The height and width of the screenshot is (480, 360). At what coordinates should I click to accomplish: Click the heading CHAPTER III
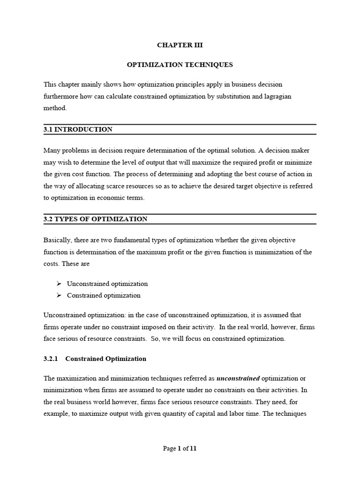[180, 45]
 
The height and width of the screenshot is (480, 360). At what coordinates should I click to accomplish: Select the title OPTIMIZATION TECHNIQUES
[180, 65]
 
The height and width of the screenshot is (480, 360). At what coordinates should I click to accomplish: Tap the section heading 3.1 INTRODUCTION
[78, 129]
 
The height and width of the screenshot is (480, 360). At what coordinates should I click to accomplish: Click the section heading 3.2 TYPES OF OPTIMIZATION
[96, 219]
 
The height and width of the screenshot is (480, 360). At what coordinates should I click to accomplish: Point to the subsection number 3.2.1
[50, 359]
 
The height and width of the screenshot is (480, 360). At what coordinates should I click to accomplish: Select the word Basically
[58, 240]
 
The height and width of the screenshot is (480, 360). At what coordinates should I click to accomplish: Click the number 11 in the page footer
[193, 448]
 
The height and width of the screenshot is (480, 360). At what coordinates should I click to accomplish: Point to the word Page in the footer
[169, 448]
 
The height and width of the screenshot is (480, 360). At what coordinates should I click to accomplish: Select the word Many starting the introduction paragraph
[52, 150]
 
